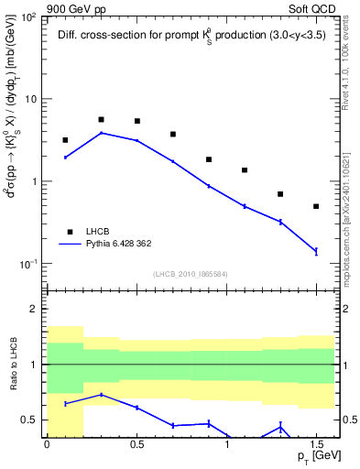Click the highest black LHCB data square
pos(101,119)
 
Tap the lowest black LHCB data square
pos(316,206)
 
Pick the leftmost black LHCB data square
pos(65,140)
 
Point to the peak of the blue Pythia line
pos(101,133)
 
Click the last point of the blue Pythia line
pos(316,251)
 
